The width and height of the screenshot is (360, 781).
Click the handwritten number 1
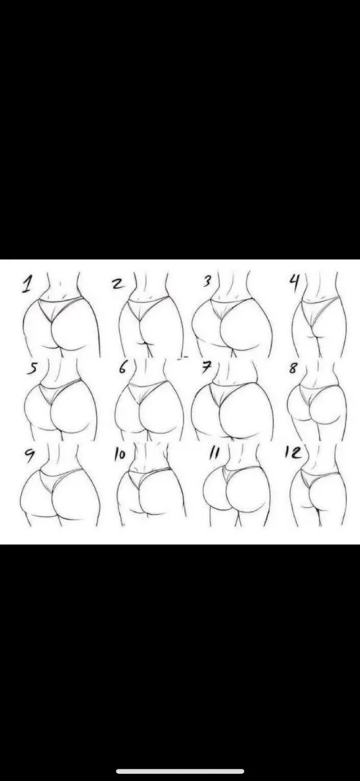[27, 285]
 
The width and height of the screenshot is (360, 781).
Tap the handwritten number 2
[117, 283]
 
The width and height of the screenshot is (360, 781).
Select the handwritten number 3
[207, 281]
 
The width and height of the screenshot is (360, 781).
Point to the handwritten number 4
[294, 281]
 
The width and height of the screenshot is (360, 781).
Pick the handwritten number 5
[32, 369]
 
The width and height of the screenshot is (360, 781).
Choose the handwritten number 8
[293, 368]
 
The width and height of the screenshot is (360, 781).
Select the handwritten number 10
[119, 455]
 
